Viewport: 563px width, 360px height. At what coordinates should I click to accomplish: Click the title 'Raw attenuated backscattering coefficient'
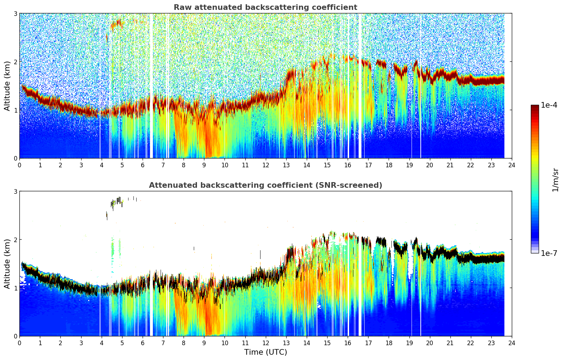click(x=265, y=7)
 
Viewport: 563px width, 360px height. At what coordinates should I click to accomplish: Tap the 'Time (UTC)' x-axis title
click(x=265, y=352)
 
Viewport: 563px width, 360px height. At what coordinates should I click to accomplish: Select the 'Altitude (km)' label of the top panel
click(x=7, y=86)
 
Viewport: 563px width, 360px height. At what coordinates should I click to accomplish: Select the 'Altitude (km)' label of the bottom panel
click(x=7, y=264)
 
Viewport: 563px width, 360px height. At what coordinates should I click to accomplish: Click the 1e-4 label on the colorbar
click(x=549, y=105)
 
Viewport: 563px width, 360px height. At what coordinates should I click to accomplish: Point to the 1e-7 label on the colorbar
click(x=549, y=253)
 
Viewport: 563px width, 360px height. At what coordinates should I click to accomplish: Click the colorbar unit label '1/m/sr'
click(x=555, y=180)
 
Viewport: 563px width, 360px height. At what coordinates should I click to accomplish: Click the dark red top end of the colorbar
click(x=535, y=107)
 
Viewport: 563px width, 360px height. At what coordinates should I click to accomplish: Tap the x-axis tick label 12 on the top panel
click(x=265, y=165)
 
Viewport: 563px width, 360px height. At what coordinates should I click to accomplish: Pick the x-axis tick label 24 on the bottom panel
click(x=512, y=343)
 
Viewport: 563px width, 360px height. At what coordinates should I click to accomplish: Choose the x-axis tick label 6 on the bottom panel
click(x=143, y=343)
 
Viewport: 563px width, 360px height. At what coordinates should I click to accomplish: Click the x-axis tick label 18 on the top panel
click(x=389, y=165)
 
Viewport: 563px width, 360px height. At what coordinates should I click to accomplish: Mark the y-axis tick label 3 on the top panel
click(x=15, y=13)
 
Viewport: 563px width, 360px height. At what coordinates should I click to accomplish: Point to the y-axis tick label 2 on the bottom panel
click(x=15, y=240)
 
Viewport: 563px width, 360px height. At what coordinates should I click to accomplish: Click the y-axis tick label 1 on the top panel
click(x=15, y=110)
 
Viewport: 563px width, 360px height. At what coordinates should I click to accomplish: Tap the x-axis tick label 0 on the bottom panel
click(x=19, y=343)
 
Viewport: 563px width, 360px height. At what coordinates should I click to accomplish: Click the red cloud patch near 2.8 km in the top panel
click(x=116, y=24)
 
